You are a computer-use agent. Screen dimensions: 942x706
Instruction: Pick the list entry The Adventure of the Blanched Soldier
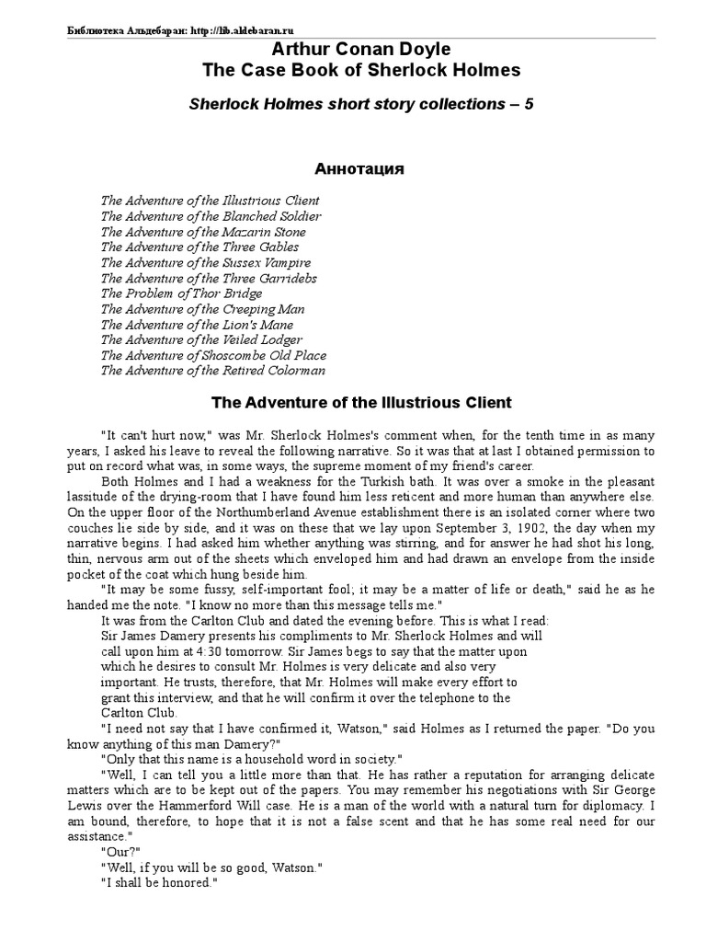(211, 216)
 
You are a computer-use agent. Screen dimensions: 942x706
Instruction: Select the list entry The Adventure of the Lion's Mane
(198, 325)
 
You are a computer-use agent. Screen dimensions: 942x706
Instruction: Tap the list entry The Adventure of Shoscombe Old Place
(213, 355)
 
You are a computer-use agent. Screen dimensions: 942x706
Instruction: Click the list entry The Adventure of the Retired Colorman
(212, 371)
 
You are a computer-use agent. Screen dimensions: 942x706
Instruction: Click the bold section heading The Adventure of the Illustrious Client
(361, 403)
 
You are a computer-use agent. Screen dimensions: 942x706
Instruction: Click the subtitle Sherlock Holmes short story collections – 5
(360, 104)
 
